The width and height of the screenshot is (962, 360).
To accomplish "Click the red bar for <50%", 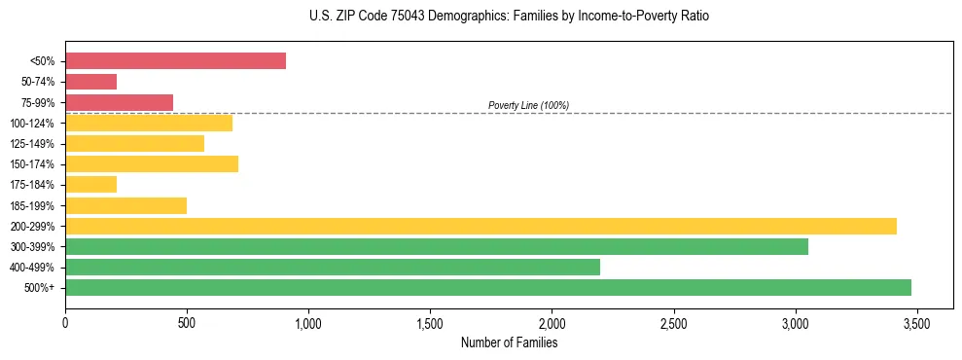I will point(175,61).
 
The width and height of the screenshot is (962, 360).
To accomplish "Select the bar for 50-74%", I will point(90,82).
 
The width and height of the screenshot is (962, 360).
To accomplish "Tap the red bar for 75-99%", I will point(119,102).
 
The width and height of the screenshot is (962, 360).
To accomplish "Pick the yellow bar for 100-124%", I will point(149,123).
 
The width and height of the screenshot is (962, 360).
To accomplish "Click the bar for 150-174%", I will point(152,163).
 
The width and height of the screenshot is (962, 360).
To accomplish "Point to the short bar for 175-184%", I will point(90,184).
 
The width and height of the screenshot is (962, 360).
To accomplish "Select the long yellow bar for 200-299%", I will point(481,226).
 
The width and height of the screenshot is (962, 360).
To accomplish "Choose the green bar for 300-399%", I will point(437,246).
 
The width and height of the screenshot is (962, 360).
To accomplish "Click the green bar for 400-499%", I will point(333,267).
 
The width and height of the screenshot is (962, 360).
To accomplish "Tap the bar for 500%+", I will point(488,287).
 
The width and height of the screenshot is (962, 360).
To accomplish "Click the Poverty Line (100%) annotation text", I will point(528,105).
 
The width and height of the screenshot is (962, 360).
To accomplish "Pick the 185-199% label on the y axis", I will point(32,205).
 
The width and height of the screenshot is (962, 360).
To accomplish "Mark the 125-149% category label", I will point(32,144).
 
